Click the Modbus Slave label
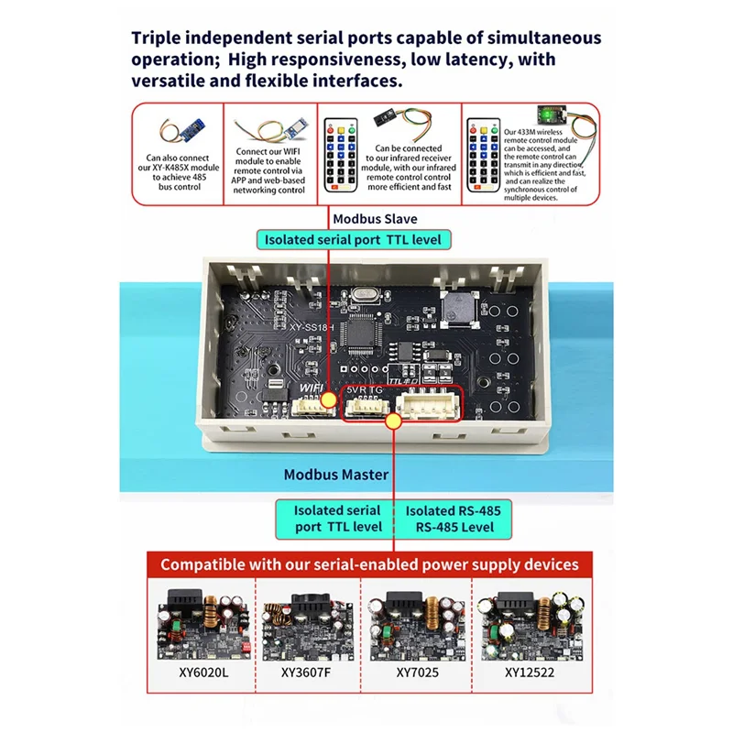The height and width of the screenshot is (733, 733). [x=374, y=219]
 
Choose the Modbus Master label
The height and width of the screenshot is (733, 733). [x=336, y=475]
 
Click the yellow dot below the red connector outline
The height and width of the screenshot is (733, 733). [x=394, y=421]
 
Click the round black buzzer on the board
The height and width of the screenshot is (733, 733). [x=457, y=311]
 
